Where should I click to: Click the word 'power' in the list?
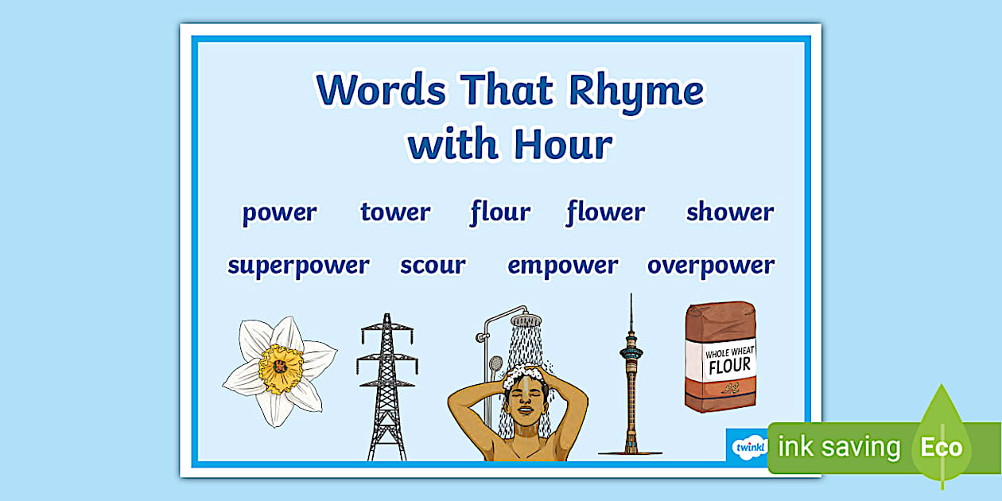coord(279,213)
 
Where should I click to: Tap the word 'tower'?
coord(394,212)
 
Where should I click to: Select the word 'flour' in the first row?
coord(500,212)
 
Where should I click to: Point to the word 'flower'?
coord(606,212)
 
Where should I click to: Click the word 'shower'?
coord(729,212)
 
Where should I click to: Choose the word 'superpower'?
coord(298,266)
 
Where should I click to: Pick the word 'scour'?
coord(433,266)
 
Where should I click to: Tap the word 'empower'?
coord(562,266)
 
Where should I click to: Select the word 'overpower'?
coord(710,266)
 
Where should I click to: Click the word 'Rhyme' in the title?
coord(635,90)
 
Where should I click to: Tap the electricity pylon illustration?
coord(387,386)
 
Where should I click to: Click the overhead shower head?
coord(526,320)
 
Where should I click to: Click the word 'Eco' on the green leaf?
coord(941,447)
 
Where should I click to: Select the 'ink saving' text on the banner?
coord(839,447)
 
